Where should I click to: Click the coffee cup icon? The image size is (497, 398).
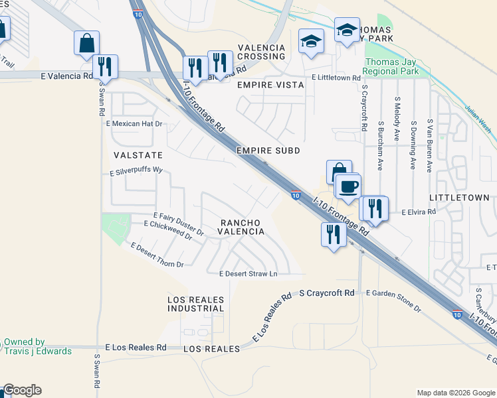[x=349, y=186]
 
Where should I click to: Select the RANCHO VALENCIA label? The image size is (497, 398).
[x=242, y=227]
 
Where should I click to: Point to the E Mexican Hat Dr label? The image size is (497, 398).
[x=134, y=123]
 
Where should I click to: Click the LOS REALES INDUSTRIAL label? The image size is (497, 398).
[x=195, y=304]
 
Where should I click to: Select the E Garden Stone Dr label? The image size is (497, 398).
[x=393, y=300]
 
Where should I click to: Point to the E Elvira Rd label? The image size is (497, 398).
[x=418, y=212]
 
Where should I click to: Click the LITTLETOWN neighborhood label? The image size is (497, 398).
[x=459, y=198]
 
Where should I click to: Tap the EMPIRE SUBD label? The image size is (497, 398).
[x=268, y=151]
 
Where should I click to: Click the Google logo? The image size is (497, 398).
[x=22, y=390]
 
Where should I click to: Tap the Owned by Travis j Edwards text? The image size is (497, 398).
[x=37, y=346]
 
